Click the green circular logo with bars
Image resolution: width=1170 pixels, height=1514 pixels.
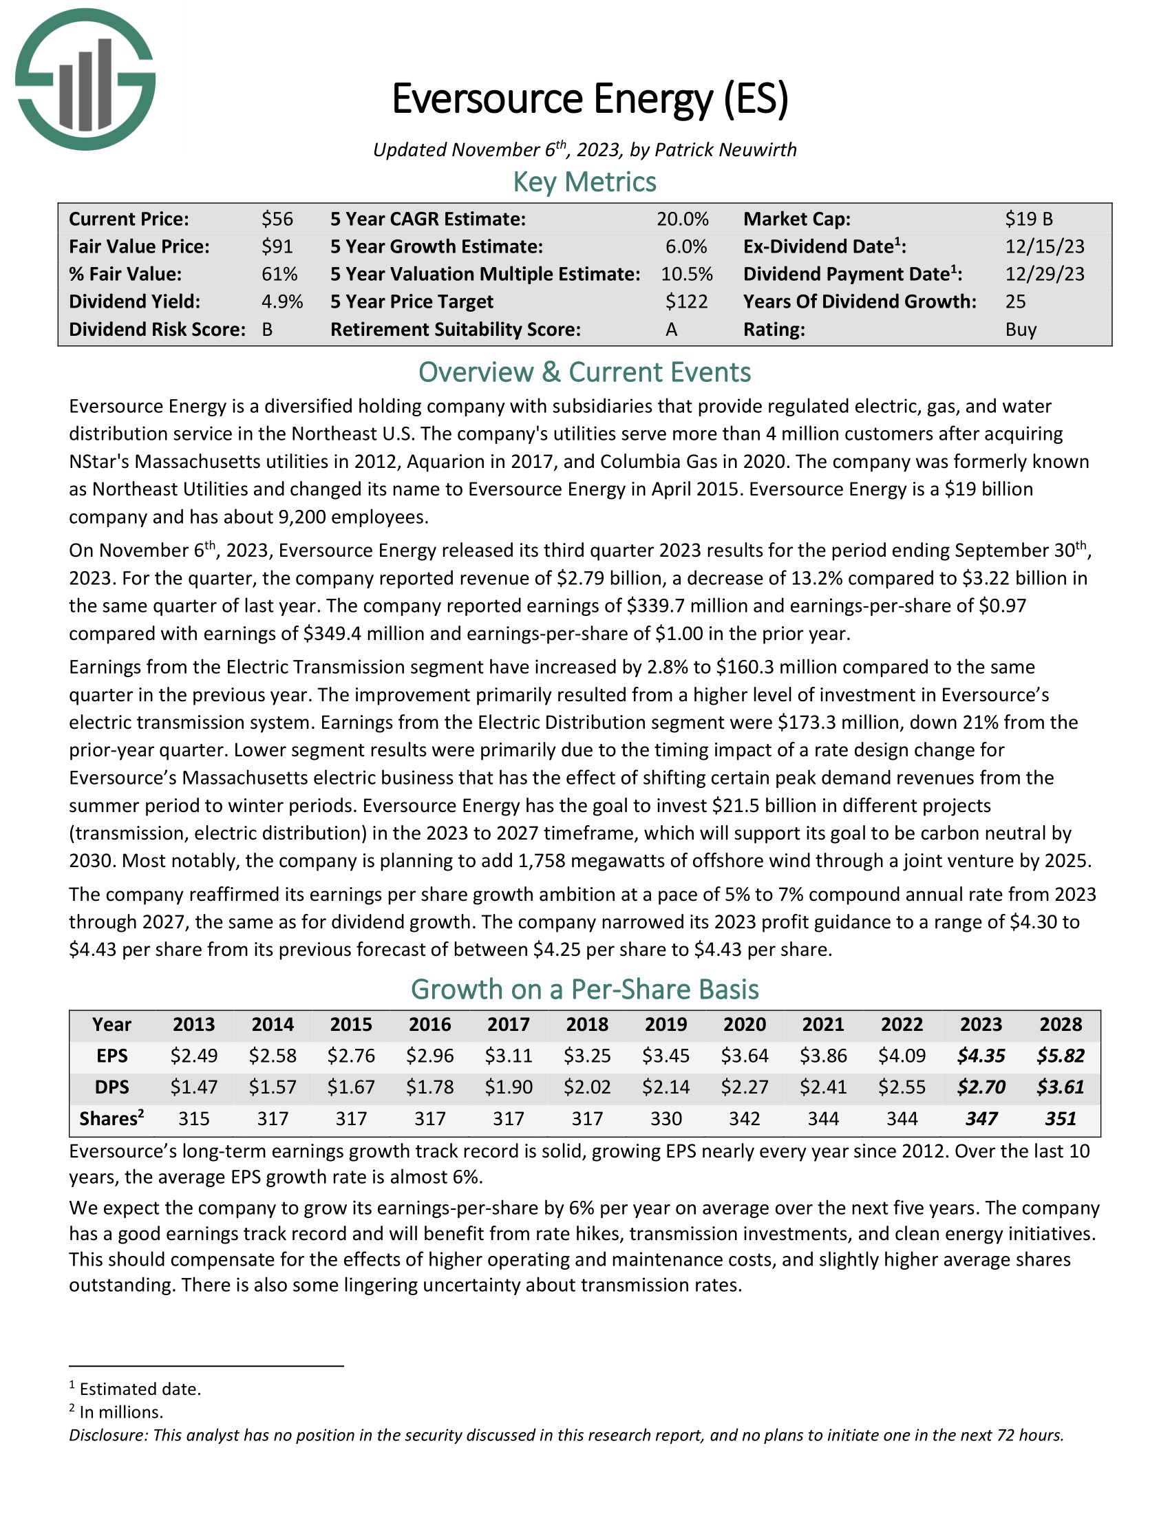click(85, 80)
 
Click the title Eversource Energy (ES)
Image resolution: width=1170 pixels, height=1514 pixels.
click(590, 98)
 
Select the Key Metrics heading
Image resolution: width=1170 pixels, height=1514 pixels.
click(584, 182)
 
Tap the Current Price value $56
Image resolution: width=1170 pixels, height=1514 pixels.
click(277, 219)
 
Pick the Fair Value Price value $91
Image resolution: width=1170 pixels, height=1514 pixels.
click(277, 247)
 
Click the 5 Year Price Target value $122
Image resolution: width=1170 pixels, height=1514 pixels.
click(686, 301)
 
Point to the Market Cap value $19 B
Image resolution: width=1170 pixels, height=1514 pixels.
click(1029, 219)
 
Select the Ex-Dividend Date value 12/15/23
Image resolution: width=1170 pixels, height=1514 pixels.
click(1045, 247)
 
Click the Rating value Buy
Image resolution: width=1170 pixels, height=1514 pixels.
click(1020, 329)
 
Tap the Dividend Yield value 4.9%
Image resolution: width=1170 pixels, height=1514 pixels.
click(282, 301)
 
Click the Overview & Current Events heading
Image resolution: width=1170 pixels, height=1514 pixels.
click(584, 372)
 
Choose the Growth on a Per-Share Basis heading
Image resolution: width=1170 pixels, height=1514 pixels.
click(584, 989)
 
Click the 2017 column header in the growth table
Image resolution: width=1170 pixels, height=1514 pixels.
click(508, 1025)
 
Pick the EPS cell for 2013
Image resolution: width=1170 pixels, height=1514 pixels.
click(193, 1056)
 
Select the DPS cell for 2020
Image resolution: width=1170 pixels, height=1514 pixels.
click(745, 1087)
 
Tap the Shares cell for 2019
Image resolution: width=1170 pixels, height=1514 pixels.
click(666, 1118)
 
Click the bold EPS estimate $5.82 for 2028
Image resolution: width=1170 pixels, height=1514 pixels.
click(1061, 1056)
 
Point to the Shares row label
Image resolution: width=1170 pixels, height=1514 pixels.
click(111, 1118)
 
